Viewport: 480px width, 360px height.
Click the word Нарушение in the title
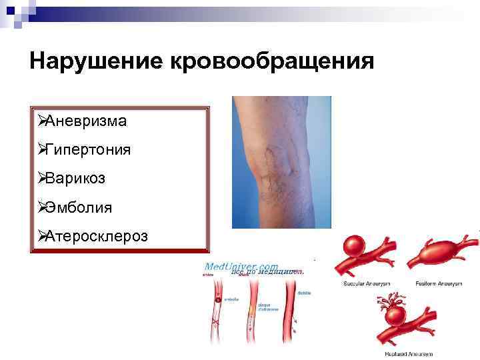click(x=96, y=61)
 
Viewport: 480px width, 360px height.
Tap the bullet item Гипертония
click(x=87, y=150)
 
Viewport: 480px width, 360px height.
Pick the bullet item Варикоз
click(x=75, y=179)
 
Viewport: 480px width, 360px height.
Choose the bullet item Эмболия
click(x=79, y=207)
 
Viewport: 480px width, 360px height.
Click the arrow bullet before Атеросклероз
click(x=41, y=236)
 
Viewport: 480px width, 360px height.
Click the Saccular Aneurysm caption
click(x=365, y=283)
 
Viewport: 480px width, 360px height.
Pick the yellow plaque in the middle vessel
click(x=251, y=309)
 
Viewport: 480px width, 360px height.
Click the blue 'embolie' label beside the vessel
click(x=231, y=299)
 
